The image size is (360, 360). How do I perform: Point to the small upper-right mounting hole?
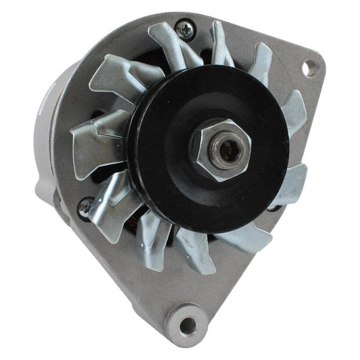pyautogui.click(x=310, y=68)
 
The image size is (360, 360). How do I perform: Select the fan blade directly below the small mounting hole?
pyautogui.click(x=294, y=111)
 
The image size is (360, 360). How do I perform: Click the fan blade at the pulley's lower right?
pyautogui.click(x=243, y=236)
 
